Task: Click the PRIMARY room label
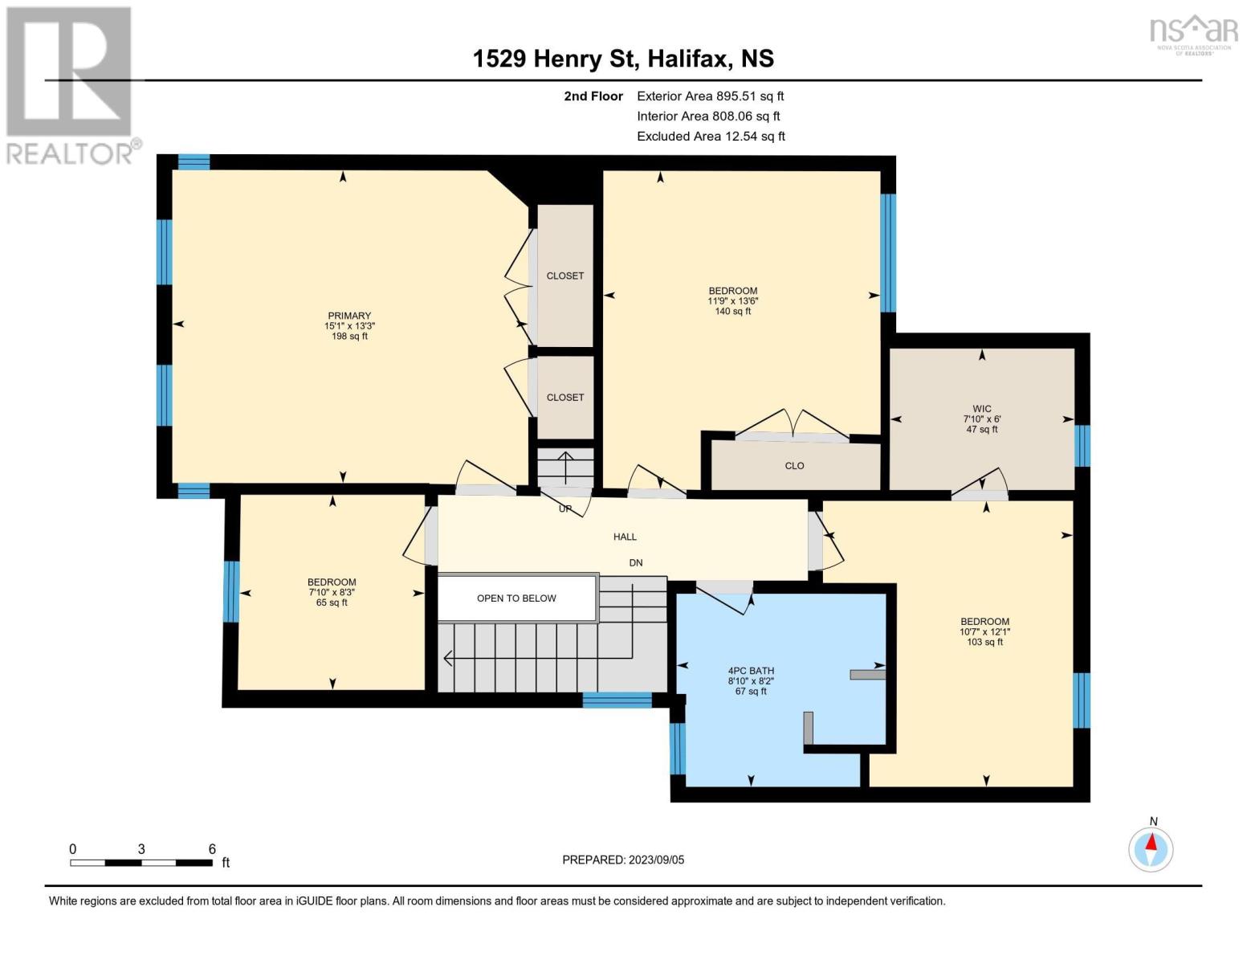coord(349,316)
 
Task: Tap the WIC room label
coord(982,409)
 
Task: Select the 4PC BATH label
coord(751,671)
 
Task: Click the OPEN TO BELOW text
coord(516,598)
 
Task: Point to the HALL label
coord(625,537)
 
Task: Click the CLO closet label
coord(794,466)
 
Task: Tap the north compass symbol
coord(1151,848)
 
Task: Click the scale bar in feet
coord(142,862)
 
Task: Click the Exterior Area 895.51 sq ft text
coord(711,96)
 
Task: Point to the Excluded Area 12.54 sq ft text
coord(711,137)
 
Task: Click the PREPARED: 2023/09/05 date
coord(623,860)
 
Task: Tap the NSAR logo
coord(1194,35)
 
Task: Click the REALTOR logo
coord(71,86)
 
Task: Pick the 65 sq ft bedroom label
coord(332,593)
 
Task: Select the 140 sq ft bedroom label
coord(733,301)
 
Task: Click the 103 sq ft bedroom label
coord(984,631)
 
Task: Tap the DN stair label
coord(635,563)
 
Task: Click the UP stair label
coord(565,509)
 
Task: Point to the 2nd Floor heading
coord(593,96)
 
